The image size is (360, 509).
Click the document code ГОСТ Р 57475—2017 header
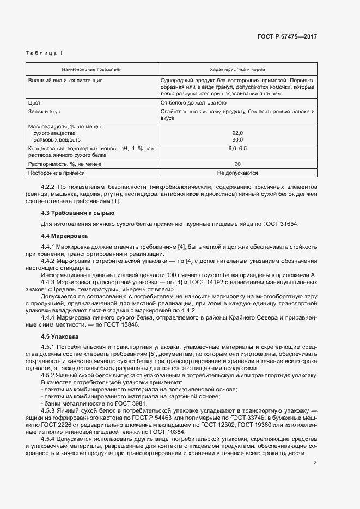tap(286, 36)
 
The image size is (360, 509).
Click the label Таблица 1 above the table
tap(44, 53)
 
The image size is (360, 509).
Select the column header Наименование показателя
tap(91, 70)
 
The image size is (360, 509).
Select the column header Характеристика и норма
tap(237, 70)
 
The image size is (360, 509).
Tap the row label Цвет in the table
tap(34, 102)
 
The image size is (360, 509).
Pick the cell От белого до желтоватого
tap(193, 102)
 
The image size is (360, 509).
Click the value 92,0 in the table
tap(237, 133)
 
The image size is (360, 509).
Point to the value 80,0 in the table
tap(237, 139)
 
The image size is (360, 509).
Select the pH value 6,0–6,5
tap(237, 148)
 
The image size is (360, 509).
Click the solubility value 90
tap(237, 164)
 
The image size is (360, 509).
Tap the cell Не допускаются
tap(237, 173)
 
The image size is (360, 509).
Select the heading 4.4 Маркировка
tap(64, 236)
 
